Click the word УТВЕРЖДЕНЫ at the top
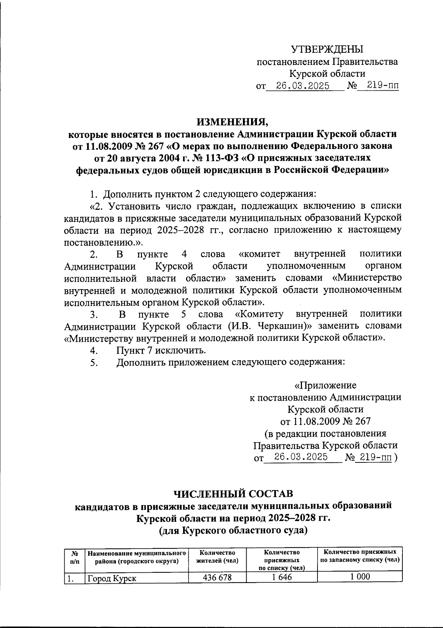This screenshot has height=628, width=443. [x=327, y=49]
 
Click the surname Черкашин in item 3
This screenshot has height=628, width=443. [x=279, y=326]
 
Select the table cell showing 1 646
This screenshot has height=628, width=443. [x=282, y=577]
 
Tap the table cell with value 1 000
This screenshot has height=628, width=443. [x=360, y=577]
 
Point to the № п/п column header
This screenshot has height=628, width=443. [x=74, y=557]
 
